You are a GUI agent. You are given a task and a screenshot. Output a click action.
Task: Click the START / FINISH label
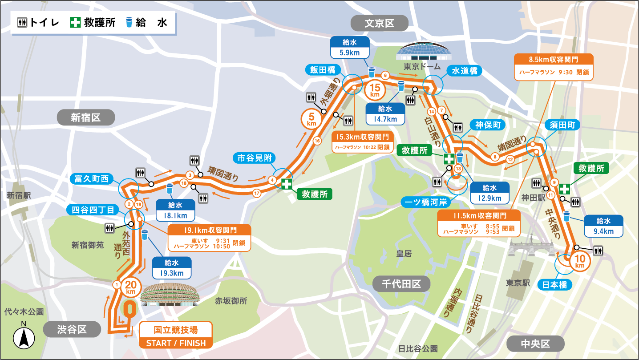(x=176, y=343)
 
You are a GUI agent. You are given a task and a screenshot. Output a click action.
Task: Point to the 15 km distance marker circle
(x=374, y=90)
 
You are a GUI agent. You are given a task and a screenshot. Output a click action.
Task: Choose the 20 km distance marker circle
(x=130, y=287)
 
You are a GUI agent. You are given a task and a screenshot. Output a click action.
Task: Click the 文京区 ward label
(x=379, y=23)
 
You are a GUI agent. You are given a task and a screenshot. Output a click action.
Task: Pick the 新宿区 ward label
(x=85, y=117)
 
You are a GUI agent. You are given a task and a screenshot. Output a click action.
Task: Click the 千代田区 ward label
(x=401, y=283)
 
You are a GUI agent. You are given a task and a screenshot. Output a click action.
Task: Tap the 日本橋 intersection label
(x=554, y=285)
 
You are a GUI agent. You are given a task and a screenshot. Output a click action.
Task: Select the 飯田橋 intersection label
(x=323, y=70)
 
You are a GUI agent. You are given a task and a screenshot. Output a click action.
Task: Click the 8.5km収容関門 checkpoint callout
(x=554, y=67)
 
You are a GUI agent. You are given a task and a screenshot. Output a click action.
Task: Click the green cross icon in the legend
(x=76, y=23)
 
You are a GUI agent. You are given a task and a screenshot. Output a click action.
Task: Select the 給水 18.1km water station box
(x=175, y=210)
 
